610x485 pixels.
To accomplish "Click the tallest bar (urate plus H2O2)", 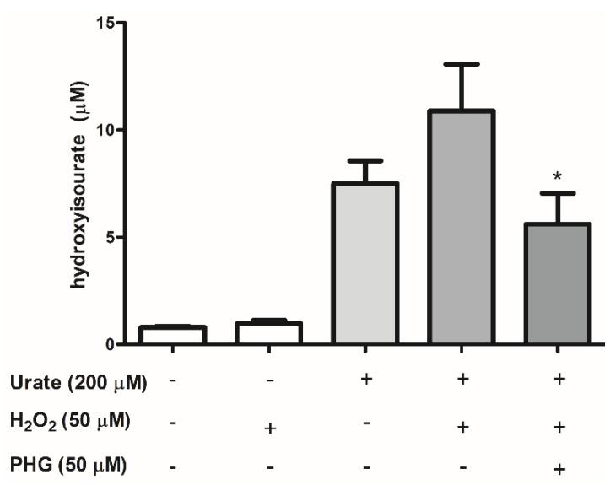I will (462, 228).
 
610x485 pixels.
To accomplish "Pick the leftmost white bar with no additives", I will (172, 335).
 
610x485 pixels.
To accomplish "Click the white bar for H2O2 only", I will (268, 333).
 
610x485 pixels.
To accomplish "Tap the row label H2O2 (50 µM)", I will (69, 423).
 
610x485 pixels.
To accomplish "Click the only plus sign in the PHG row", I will (558, 466).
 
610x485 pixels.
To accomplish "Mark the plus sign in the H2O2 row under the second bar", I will (269, 428).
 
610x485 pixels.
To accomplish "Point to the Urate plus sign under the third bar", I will (365, 380).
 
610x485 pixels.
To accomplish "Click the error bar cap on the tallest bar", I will (462, 64).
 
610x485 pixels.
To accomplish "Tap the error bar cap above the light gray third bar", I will (365, 160).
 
